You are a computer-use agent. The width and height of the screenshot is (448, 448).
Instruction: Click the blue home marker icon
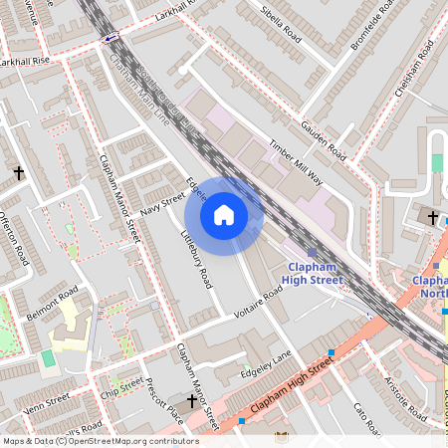(224, 215)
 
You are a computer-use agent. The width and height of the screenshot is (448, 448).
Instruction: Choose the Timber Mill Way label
(296, 161)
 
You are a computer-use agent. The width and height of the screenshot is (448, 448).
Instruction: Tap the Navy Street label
(163, 203)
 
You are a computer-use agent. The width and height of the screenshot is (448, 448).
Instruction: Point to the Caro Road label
(366, 418)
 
